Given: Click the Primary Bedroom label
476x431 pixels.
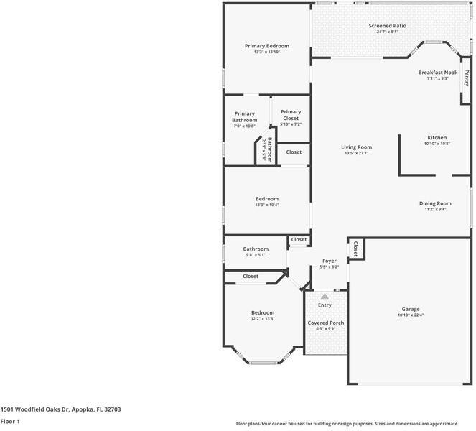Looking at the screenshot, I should pyautogui.click(x=266, y=46).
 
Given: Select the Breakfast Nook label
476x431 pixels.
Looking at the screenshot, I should pyautogui.click(x=437, y=73).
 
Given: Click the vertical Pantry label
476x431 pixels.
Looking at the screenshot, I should pyautogui.click(x=467, y=76).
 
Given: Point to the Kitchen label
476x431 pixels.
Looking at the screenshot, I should pyautogui.click(x=437, y=137).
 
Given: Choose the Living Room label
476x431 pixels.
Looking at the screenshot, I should pyautogui.click(x=356, y=147).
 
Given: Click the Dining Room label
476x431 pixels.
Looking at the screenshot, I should pyautogui.click(x=435, y=203).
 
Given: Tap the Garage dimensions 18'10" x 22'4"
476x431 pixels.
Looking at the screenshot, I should pyautogui.click(x=411, y=315).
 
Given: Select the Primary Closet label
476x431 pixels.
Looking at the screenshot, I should pyautogui.click(x=291, y=112).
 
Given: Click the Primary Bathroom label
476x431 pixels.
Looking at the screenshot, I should pyautogui.click(x=244, y=116).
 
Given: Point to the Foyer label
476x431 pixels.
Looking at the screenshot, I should pyautogui.click(x=329, y=261).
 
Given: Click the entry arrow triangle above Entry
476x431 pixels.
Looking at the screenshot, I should pyautogui.click(x=325, y=296).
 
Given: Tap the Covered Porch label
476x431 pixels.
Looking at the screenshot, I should pyautogui.click(x=326, y=323).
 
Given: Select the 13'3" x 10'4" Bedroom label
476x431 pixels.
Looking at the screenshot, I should pyautogui.click(x=266, y=199).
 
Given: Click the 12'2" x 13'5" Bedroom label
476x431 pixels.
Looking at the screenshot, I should pyautogui.click(x=262, y=312).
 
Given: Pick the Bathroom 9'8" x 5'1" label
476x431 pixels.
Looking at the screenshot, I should pyautogui.click(x=255, y=249).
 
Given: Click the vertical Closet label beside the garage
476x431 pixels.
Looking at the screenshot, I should pyautogui.click(x=355, y=249).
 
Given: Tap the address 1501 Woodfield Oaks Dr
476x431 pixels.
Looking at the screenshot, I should pyautogui.click(x=60, y=409).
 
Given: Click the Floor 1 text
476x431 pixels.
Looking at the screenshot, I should pyautogui.click(x=10, y=422).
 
